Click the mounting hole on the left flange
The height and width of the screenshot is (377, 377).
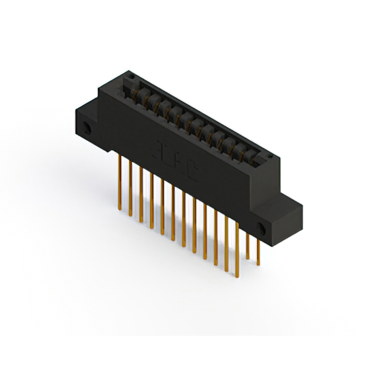(88, 127)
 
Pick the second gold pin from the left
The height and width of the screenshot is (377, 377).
(130, 183)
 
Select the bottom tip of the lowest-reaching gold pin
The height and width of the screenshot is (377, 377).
(237, 276)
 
